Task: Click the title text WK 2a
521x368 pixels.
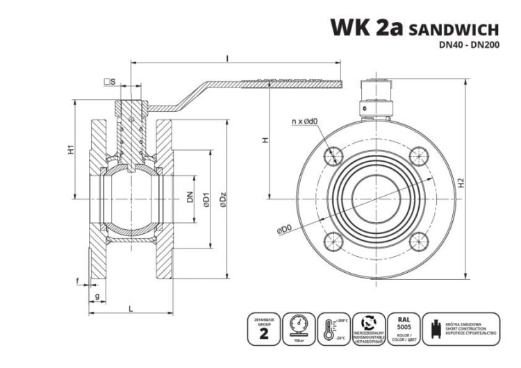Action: coord(366,28)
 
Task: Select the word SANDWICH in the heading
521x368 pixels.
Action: coord(454,30)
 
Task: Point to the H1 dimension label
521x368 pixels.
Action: coord(71,150)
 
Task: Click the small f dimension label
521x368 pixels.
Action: coord(77,281)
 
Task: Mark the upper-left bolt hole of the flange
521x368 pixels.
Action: coord(334,156)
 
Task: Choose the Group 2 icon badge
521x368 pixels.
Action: coord(263,328)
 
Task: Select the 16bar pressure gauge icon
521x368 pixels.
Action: coord(299,328)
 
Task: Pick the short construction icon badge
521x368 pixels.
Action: coord(461,328)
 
